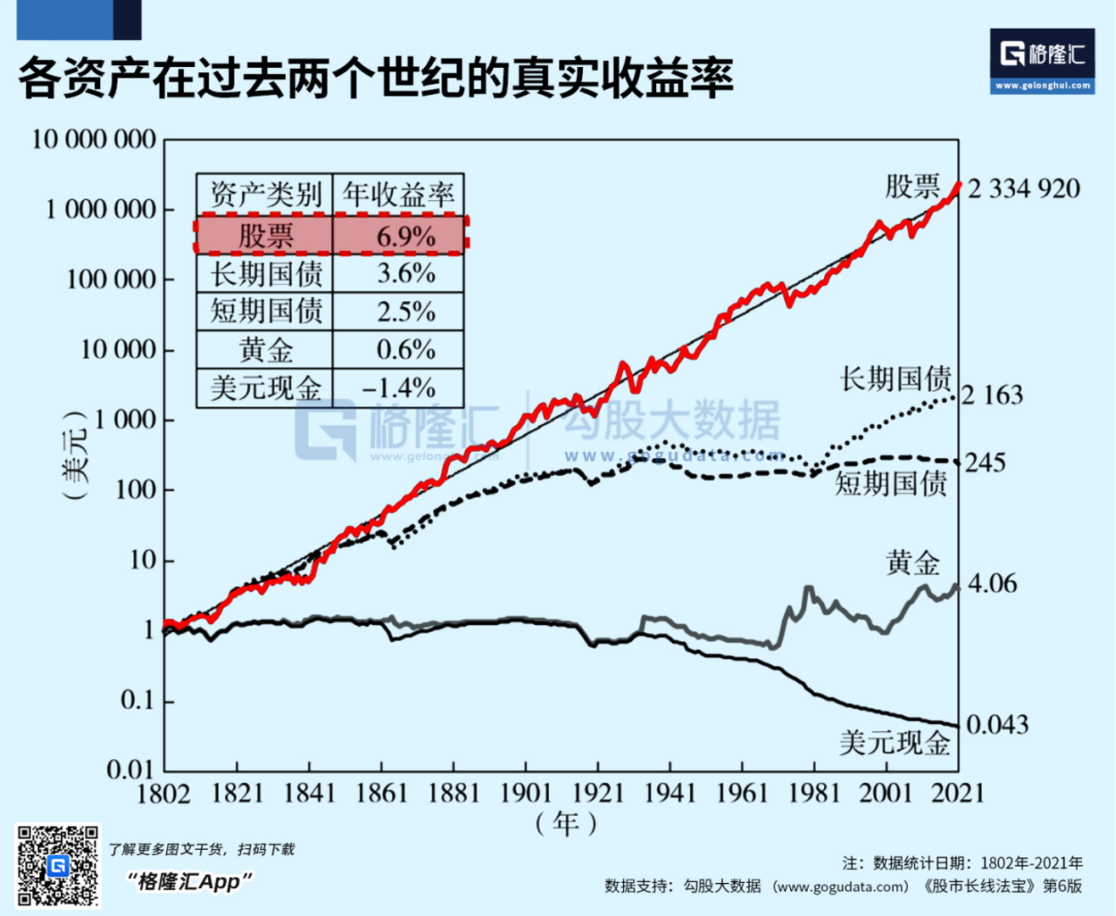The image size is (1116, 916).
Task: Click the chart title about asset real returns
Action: point(376,78)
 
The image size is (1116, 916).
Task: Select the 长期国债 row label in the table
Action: point(266,274)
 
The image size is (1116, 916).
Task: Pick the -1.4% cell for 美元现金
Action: point(399,388)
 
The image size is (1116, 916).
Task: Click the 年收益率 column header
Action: point(399,194)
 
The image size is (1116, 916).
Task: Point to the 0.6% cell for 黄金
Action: point(406,349)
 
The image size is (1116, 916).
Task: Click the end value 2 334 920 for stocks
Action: point(1023,189)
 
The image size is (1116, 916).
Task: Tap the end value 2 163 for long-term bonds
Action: point(991,395)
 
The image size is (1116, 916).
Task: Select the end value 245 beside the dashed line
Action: point(985,463)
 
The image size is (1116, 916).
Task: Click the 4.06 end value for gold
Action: point(992,584)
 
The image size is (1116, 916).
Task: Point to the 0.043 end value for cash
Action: point(997,724)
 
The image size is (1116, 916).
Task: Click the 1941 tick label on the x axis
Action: point(670,793)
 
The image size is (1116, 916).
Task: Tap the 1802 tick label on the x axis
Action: point(164,793)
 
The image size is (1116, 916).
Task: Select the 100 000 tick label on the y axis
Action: point(111,279)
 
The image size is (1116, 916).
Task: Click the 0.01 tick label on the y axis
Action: point(130,770)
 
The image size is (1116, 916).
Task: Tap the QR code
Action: point(58,866)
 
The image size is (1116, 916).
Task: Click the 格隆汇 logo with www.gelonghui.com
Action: point(1042,61)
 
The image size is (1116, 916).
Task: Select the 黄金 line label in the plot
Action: point(913,561)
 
